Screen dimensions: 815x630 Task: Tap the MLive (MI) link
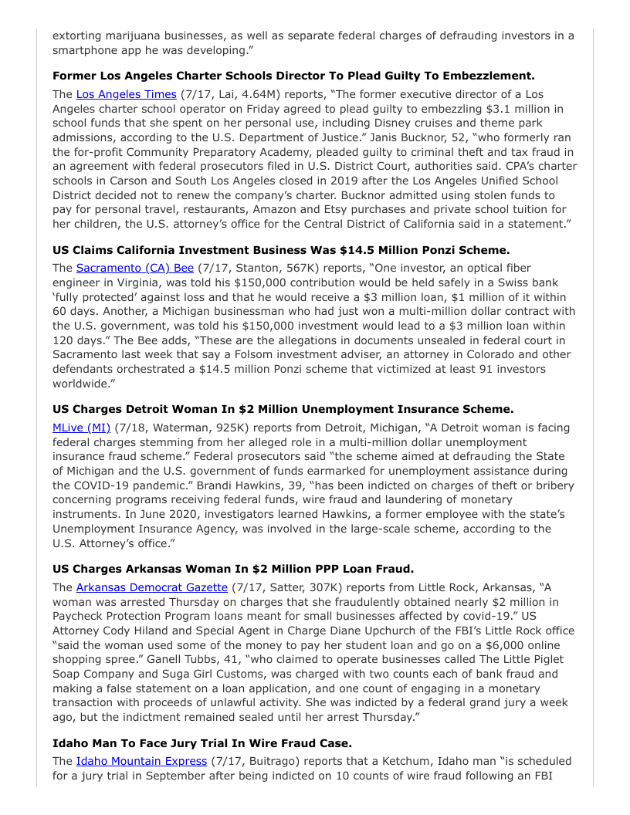[x=81, y=428]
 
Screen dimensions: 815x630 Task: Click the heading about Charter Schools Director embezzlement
[x=293, y=76]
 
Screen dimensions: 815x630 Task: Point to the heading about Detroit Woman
[x=283, y=409]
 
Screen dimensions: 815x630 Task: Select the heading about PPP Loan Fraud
[x=233, y=569]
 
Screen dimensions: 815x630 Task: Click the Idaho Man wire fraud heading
[x=202, y=743]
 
